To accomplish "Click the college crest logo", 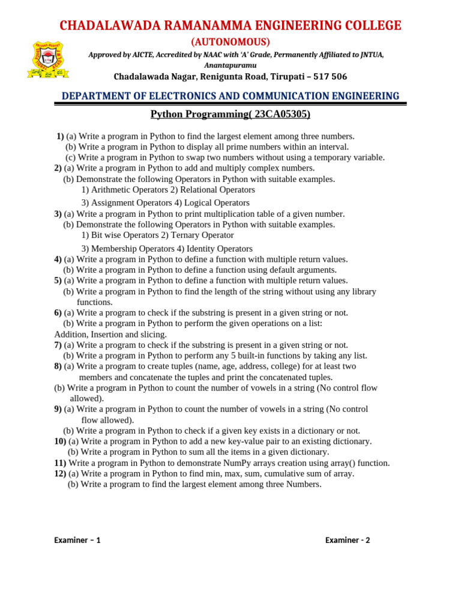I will point(48,61).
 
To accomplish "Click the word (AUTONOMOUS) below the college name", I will point(230,41).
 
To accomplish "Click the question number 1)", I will point(60,136).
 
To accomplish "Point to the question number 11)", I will point(60,463).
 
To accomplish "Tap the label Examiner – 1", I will point(77,540).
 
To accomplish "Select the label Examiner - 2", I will point(348,540).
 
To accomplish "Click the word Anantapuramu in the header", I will point(230,65).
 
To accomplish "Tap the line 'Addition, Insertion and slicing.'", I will point(110,335).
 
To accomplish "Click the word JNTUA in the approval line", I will point(370,55).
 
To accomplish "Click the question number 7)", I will point(58,345).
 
